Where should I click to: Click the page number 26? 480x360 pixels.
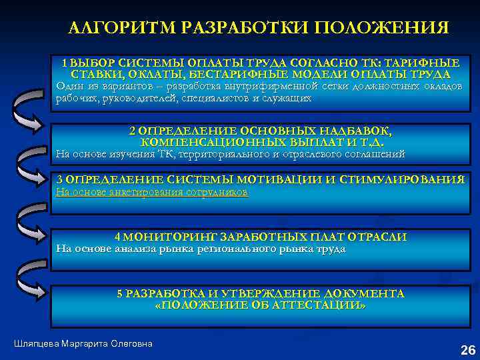click(468, 349)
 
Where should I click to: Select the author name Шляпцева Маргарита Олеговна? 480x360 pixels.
click(83, 343)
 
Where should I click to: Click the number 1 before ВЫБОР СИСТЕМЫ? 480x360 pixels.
click(65, 62)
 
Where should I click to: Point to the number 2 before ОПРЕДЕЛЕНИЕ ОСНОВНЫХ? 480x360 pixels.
click(133, 131)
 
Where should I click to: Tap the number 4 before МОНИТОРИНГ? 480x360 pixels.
click(118, 237)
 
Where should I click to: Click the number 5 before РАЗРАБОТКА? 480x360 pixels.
click(120, 293)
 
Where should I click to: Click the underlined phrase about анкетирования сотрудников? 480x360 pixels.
click(152, 192)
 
